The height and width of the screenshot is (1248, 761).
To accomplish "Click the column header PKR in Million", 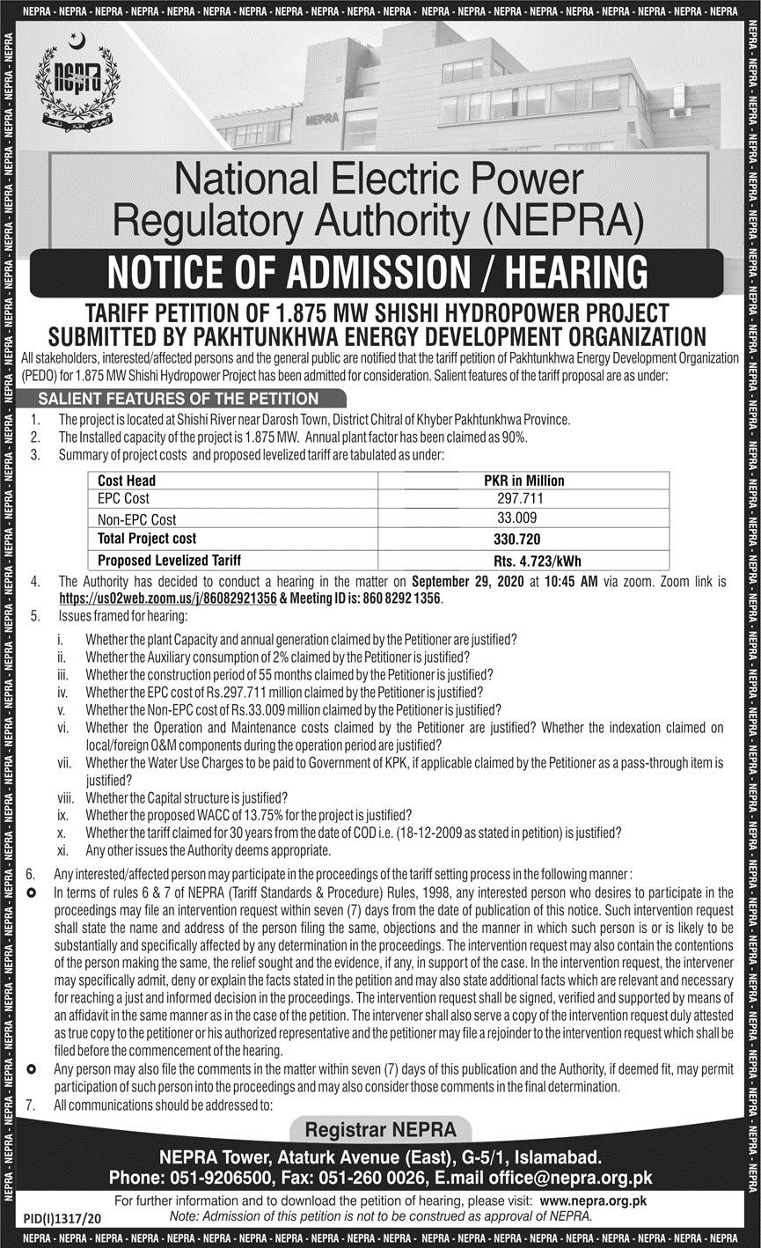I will pos(536,480).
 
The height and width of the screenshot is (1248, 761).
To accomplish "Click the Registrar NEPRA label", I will pos(380,1129).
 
